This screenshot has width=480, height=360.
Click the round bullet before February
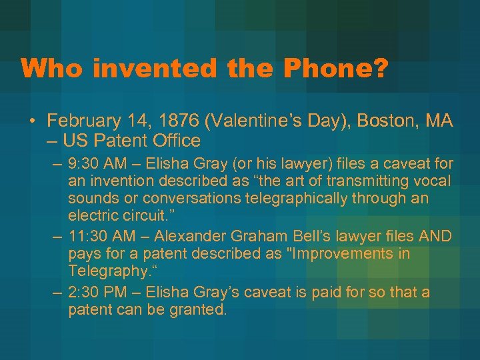point(32,122)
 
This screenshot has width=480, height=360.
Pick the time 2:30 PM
point(94,292)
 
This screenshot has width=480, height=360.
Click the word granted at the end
point(200,310)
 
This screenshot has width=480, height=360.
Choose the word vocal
point(435,181)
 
